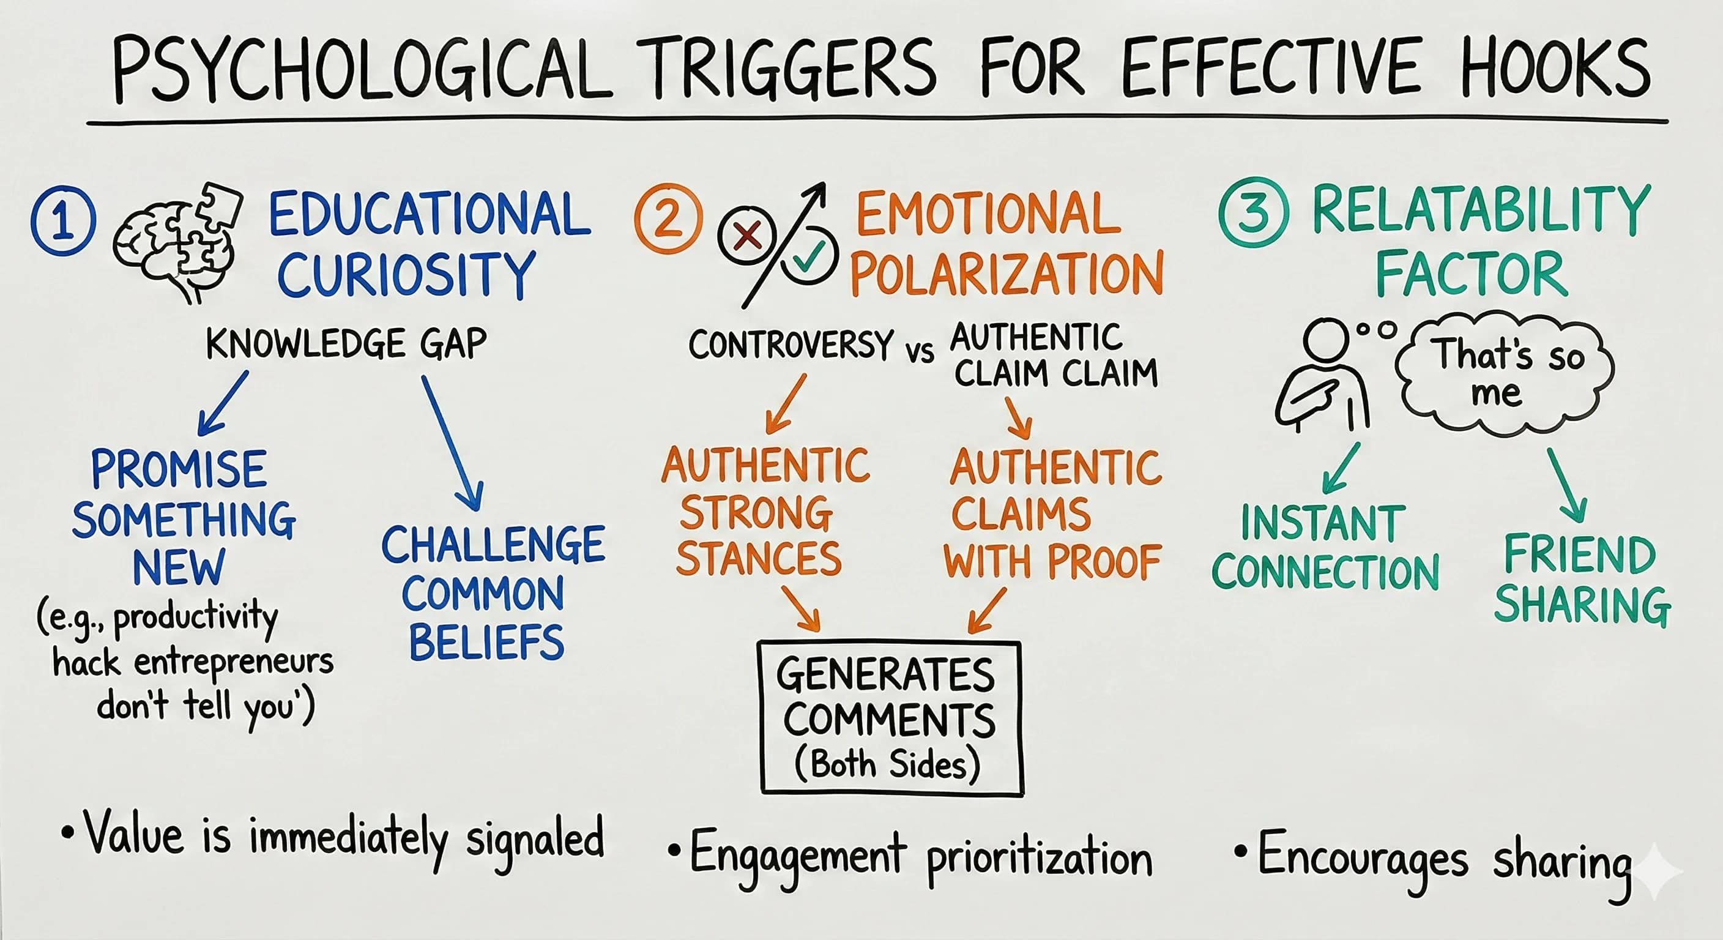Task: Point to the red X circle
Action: [746, 236]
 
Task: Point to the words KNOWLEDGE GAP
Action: [346, 344]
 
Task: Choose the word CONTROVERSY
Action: [791, 345]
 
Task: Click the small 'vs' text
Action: [920, 352]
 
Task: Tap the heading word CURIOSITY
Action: [406, 274]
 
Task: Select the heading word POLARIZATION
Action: [1007, 272]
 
